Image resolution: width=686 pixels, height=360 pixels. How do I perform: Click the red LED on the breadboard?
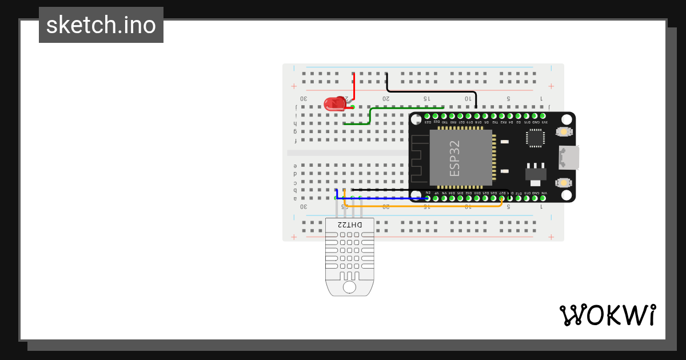(333, 104)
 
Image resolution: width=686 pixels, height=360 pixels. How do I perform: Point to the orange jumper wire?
(423, 206)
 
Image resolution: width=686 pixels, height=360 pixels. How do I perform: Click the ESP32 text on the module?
(455, 158)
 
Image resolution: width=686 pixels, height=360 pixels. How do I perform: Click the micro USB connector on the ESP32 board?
(569, 157)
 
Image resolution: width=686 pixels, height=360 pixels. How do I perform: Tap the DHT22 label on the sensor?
(349, 225)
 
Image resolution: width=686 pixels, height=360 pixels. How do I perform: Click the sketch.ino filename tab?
(101, 25)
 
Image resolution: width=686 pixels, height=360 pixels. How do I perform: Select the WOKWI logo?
(607, 315)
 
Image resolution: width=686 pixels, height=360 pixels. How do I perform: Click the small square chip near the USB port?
(535, 137)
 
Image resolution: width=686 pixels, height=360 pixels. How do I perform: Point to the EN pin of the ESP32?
(428, 198)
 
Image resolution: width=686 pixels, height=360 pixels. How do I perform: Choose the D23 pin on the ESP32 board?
(428, 116)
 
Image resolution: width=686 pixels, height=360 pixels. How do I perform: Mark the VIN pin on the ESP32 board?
(544, 198)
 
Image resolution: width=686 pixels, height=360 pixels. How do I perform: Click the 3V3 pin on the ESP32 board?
(544, 116)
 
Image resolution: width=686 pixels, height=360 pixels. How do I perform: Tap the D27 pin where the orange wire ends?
(502, 198)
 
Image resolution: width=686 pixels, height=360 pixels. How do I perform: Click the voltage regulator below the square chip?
(535, 174)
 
